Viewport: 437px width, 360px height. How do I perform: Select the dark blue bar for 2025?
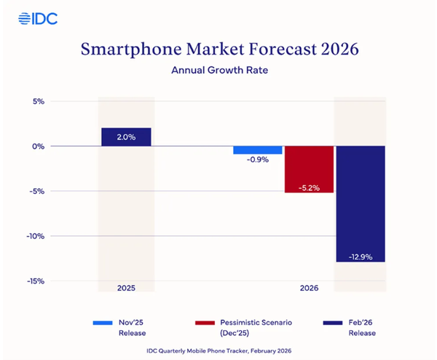126,137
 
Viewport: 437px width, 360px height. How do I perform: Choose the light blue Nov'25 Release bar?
258,150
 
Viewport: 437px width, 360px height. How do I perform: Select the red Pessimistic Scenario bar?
309,169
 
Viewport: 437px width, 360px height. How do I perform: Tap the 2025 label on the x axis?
126,289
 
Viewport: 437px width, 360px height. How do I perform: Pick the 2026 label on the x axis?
310,289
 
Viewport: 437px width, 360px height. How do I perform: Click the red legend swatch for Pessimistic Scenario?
206,321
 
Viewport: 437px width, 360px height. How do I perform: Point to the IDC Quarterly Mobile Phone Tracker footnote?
218,351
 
